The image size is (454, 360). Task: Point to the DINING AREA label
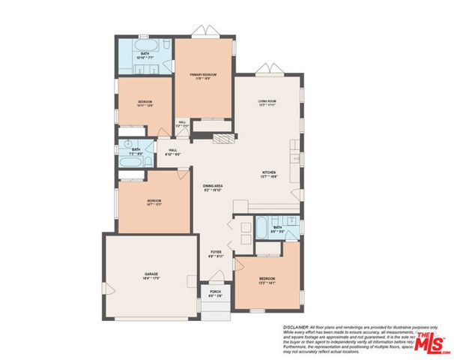(x=214, y=187)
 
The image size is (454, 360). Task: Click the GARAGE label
(x=151, y=276)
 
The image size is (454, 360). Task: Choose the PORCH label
(x=215, y=293)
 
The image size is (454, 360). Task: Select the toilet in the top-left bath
(x=167, y=68)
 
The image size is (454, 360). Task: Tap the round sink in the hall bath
(x=128, y=142)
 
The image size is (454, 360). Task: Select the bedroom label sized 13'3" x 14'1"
(x=267, y=280)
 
